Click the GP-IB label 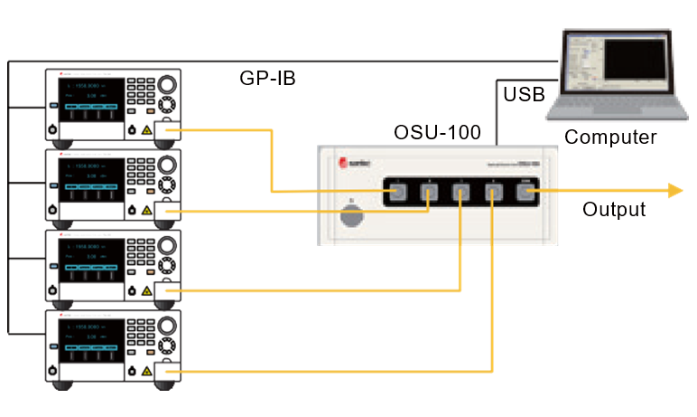point(267,79)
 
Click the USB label point(524,93)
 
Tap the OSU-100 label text point(437,132)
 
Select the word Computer point(610,137)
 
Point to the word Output point(614,210)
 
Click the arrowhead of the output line point(674,189)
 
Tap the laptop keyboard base point(613,106)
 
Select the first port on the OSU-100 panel point(397,191)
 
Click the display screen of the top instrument point(90,97)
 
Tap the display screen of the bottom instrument point(90,338)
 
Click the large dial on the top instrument point(168,86)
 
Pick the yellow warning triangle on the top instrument point(146,129)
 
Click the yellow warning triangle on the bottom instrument point(146,371)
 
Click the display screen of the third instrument point(90,258)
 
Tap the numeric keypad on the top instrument point(139,90)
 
